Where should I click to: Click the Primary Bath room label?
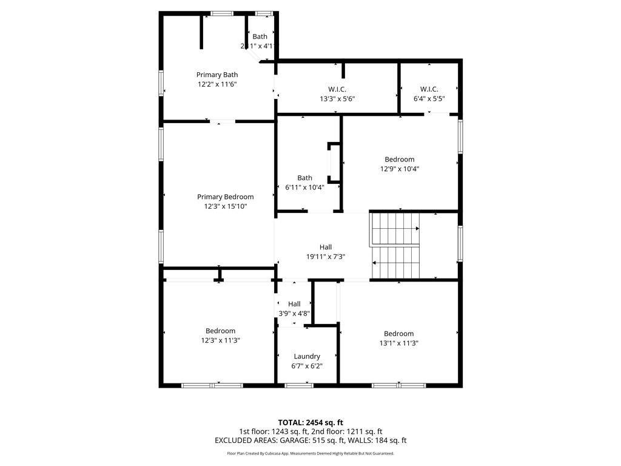pyautogui.click(x=217, y=75)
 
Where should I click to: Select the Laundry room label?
pyautogui.click(x=307, y=356)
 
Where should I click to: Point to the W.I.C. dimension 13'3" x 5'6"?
pyautogui.click(x=337, y=99)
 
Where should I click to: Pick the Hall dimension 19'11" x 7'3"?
pyautogui.click(x=326, y=257)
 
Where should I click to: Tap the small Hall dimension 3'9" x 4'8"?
pyautogui.click(x=294, y=314)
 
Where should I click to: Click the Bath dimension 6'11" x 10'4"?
pyautogui.click(x=304, y=187)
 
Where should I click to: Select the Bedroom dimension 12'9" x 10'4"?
pyautogui.click(x=399, y=169)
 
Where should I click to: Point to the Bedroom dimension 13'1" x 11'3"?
pyautogui.click(x=398, y=343)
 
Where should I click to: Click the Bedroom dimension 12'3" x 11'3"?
pyautogui.click(x=220, y=340)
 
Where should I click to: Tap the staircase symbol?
pyautogui.click(x=395, y=246)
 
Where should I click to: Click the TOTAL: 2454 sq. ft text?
pyautogui.click(x=310, y=422)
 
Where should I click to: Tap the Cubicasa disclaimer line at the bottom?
pyautogui.click(x=310, y=453)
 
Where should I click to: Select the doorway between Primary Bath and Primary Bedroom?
pyautogui.click(x=223, y=121)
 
